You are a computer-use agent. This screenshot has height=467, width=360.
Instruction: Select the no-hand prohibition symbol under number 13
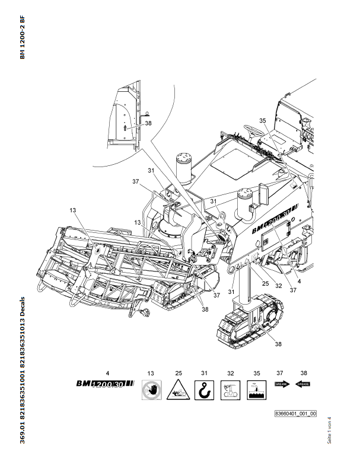[x=151, y=391]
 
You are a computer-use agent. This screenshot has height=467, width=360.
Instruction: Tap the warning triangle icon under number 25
[x=177, y=391]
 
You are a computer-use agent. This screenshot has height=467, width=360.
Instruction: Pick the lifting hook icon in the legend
[x=203, y=391]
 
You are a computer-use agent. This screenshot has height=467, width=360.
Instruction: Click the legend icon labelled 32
[x=229, y=391]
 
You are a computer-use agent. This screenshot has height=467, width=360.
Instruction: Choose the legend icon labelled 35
[x=255, y=391]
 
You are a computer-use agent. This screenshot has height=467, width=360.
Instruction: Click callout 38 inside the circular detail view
[x=148, y=123]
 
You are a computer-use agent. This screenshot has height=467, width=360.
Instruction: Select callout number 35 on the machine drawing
[x=263, y=120]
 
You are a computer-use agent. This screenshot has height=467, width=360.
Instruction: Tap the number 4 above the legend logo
[x=107, y=373]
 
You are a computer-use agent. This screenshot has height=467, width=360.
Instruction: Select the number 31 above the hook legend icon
[x=203, y=373]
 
